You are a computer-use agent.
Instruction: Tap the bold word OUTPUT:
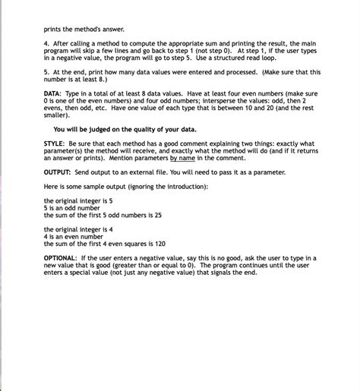(x=58, y=172)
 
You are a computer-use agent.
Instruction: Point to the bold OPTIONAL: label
(x=63, y=258)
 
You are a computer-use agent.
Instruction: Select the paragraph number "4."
(x=47, y=43)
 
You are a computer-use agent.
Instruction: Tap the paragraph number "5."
(x=47, y=71)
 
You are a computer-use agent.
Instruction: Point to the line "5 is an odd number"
(x=77, y=207)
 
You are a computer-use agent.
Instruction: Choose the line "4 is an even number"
(x=79, y=236)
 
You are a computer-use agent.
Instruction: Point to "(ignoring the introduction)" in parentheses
(x=168, y=186)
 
